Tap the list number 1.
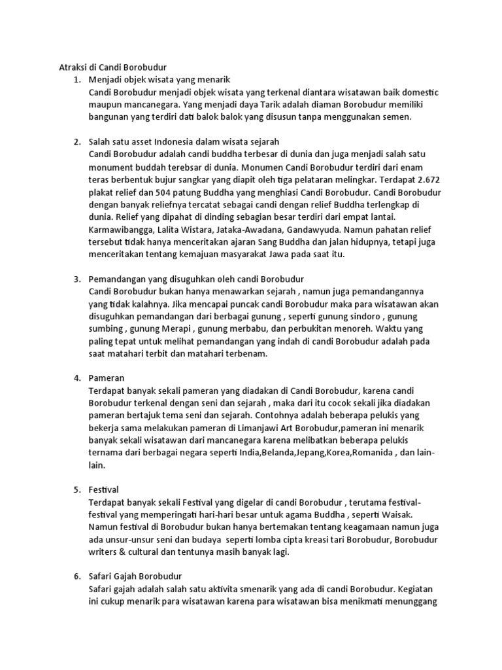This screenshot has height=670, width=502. point(76,80)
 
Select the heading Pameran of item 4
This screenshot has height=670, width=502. point(106,379)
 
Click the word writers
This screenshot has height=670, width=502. point(105,552)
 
